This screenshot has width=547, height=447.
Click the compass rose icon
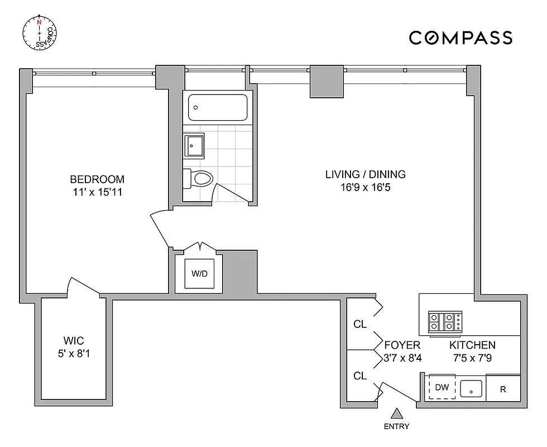pos(40,33)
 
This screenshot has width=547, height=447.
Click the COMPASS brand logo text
pos(460,37)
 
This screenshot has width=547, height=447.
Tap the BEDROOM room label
pos(97,179)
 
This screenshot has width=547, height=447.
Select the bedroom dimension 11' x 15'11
pos(97,192)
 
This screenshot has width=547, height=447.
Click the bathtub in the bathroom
pos(217,107)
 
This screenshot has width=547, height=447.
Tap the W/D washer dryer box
pos(199,274)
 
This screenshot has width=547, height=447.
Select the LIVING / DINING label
pos(366,174)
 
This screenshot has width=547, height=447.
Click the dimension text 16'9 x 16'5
pos(366,187)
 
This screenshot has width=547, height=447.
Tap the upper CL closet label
pos(360,324)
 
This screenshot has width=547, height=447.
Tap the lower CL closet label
pos(360,376)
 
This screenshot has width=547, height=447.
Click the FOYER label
pos(401,345)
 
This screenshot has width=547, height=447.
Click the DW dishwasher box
pos(442,387)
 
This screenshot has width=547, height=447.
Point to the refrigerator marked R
pos(503,389)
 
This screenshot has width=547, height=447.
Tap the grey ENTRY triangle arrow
pos(396,413)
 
